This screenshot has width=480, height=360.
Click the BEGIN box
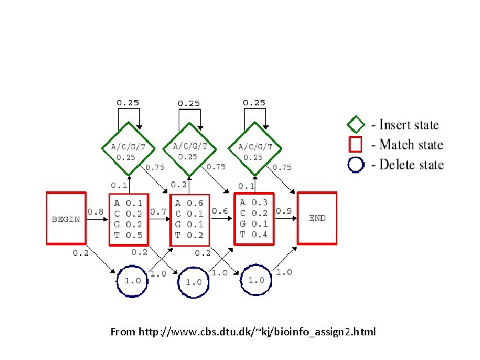[x=66, y=219]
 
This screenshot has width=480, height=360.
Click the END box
[x=317, y=217]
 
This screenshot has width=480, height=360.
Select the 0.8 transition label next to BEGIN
[x=95, y=212]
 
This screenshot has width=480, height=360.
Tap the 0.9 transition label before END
[x=283, y=211]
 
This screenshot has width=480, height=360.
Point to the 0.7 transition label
[x=158, y=212]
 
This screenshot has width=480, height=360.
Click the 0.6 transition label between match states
[x=220, y=211]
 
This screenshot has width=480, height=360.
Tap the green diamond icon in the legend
[x=357, y=125]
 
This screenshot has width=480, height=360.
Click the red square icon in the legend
[x=357, y=145]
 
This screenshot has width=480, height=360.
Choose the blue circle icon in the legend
[x=357, y=164]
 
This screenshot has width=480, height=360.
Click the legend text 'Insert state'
[x=409, y=125]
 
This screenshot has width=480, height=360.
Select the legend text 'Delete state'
[x=411, y=164]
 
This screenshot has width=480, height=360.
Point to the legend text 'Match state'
[x=411, y=145]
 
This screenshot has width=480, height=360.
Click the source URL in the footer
[x=243, y=331]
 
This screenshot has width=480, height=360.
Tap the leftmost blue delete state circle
[x=132, y=280]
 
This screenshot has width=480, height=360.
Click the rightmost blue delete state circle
[x=257, y=280]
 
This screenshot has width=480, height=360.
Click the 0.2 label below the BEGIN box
[x=81, y=253]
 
